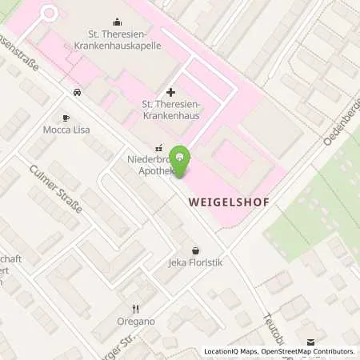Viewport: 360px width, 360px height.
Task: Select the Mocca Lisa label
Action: tap(66, 129)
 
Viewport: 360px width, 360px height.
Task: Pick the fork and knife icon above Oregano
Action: tap(135, 308)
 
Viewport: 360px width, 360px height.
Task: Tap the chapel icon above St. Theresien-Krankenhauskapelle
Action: tap(118, 22)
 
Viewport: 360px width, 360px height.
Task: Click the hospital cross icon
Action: tap(170, 93)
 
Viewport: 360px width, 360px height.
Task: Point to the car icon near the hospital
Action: tap(77, 93)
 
